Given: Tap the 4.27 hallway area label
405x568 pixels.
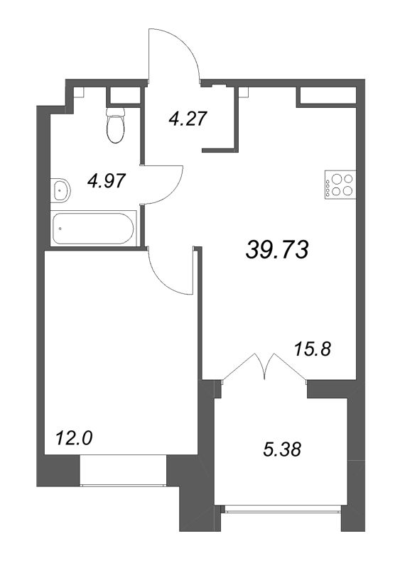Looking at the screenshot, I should (x=188, y=117).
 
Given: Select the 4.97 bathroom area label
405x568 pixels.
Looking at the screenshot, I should (x=106, y=180).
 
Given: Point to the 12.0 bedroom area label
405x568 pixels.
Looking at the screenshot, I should (x=74, y=438).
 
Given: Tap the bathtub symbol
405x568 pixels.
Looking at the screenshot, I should (x=94, y=229).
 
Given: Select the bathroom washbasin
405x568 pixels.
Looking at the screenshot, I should (x=61, y=190).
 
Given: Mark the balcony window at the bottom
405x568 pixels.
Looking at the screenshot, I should (x=282, y=508).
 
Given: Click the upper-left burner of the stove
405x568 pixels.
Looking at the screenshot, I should (x=333, y=179).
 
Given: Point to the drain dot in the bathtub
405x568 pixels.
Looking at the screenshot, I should (x=60, y=229).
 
